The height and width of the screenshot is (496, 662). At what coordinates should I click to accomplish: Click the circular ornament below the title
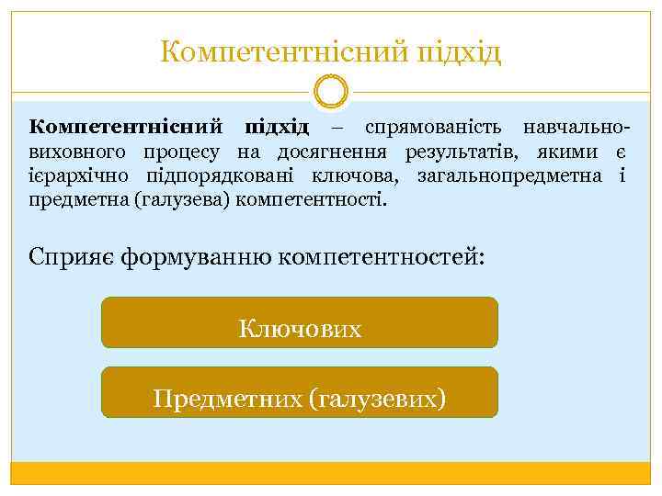click(331, 92)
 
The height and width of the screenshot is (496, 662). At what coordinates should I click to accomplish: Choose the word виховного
click(78, 152)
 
